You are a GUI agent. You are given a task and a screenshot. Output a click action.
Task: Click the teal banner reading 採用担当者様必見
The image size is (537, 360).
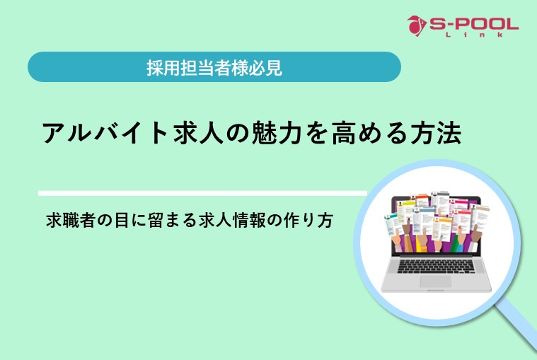pos(214,68)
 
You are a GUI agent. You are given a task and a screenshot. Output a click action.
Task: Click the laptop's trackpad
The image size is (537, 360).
pos(435,281)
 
